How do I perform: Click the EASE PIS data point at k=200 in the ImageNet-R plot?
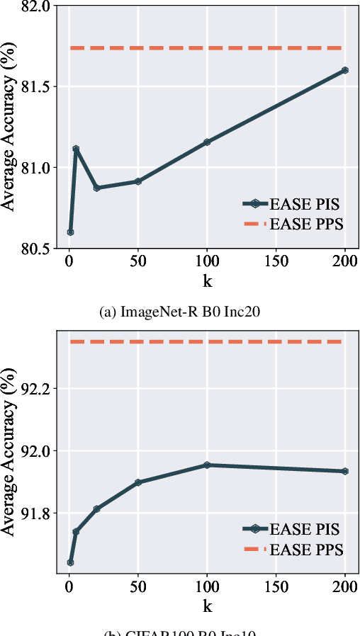(x=345, y=70)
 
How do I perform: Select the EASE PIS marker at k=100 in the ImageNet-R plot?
(x=207, y=142)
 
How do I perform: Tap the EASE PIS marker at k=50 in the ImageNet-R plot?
(x=138, y=181)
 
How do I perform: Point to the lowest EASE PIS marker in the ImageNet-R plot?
(x=70, y=232)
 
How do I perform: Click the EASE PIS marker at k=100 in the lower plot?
(x=207, y=465)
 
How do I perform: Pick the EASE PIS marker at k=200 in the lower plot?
(x=345, y=471)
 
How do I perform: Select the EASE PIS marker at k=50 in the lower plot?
(x=138, y=482)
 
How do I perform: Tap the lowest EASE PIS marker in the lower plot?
(x=70, y=562)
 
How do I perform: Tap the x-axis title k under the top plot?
(x=208, y=282)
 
